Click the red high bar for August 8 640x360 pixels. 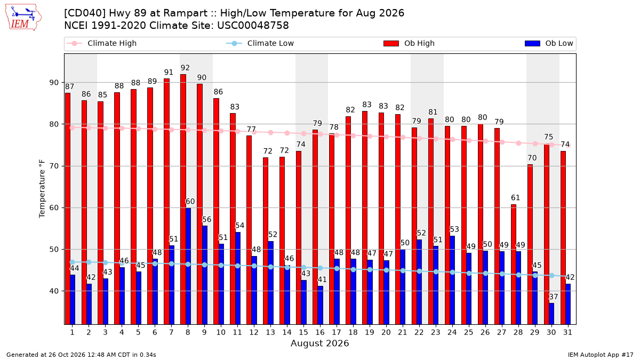coord(183,199)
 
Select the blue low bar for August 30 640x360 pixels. coord(551,314)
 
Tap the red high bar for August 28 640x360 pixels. coord(514,265)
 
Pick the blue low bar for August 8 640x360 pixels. coord(188,266)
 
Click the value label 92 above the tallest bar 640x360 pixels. coord(185,68)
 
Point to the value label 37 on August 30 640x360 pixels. coord(554,297)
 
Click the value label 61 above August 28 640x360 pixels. coord(515,197)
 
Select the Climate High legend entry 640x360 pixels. coord(102,43)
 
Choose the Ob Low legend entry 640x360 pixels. coord(549,43)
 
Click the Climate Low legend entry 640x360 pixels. coord(260,43)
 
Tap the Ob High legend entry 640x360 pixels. coord(409,43)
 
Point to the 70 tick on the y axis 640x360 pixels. coord(54,166)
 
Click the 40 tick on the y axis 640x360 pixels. coord(54,291)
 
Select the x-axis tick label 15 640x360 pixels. coord(303,332)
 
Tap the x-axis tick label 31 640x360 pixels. coord(567,332)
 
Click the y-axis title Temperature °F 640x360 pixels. coord(42,189)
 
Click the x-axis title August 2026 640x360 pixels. coord(319,343)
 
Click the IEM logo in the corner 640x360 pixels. coord(23,18)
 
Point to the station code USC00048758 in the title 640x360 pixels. coord(253,26)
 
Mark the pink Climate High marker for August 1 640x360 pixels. coord(73,127)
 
